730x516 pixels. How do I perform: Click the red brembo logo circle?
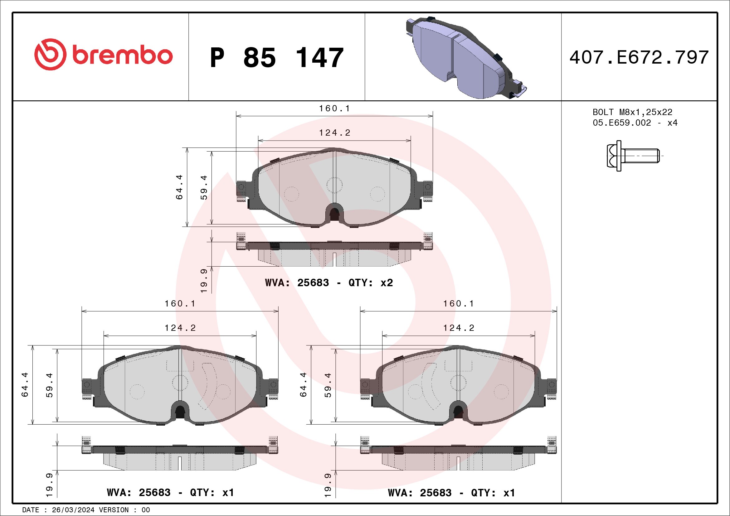50,54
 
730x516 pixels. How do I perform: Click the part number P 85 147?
277,58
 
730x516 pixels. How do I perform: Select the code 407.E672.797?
639,57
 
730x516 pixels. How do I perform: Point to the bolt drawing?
633,156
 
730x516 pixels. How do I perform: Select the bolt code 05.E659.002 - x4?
635,123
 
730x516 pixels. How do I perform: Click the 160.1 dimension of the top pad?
334,109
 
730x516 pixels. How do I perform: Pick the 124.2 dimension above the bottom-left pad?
180,328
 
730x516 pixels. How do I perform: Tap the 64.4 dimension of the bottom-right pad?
303,384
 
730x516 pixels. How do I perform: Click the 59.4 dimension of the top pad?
204,187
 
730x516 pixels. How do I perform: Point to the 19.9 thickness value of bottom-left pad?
49,485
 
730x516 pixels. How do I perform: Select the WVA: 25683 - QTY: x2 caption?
329,282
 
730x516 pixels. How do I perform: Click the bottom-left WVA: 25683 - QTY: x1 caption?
170,492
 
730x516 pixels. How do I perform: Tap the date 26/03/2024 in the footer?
73,510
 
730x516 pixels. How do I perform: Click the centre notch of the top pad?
334,214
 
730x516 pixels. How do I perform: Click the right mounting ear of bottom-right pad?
552,386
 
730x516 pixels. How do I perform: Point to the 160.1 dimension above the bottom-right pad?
459,304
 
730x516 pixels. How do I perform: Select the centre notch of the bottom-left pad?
180,412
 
